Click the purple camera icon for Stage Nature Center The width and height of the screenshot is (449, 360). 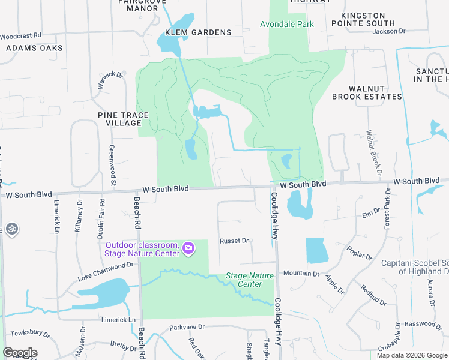pyautogui.click(x=188, y=248)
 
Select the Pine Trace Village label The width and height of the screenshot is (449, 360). pyautogui.click(x=119, y=118)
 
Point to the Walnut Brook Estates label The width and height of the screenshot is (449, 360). pyautogui.click(x=367, y=92)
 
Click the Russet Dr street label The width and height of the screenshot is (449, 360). pyautogui.click(x=234, y=241)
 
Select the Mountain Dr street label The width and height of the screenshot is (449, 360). pyautogui.click(x=301, y=274)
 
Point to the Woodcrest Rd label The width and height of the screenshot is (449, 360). pyautogui.click(x=20, y=36)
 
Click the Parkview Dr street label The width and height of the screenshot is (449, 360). pyautogui.click(x=187, y=327)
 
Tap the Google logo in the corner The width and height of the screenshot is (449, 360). pyautogui.click(x=20, y=353)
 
